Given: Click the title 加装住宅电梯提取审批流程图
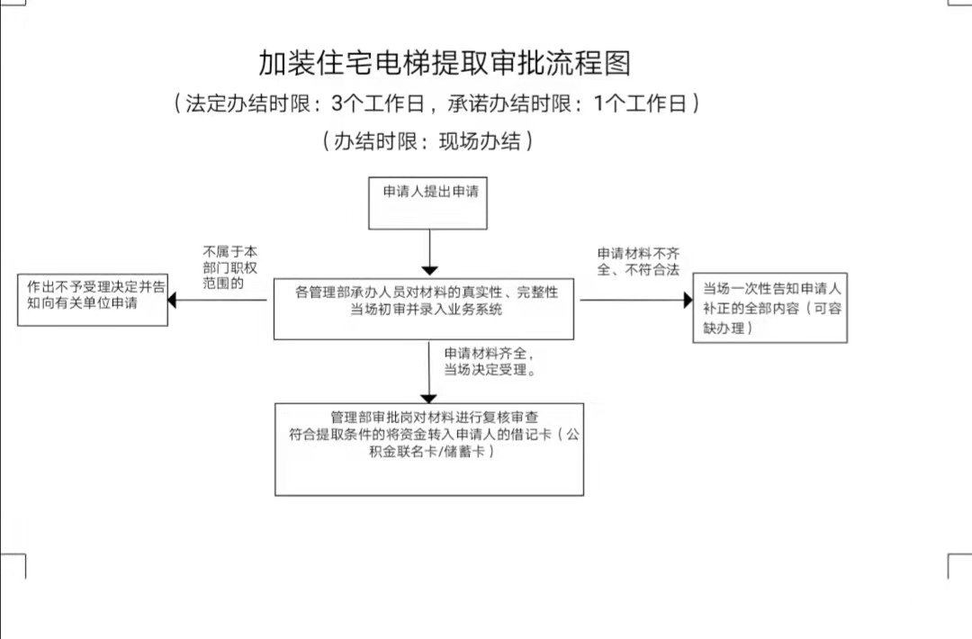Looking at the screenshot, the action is pyautogui.click(x=445, y=63).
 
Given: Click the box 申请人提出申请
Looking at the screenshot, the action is pyautogui.click(x=427, y=203).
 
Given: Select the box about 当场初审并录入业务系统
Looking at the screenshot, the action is pyautogui.click(x=423, y=309).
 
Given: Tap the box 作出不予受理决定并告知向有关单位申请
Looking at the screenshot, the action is pyautogui.click(x=93, y=300).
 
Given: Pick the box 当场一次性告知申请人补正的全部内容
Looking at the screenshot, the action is pyautogui.click(x=769, y=308).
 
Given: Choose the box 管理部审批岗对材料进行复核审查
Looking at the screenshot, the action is pyautogui.click(x=429, y=449).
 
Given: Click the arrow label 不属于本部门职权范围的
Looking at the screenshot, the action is pyautogui.click(x=229, y=267).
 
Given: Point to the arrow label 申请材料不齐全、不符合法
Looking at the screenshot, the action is pyautogui.click(x=638, y=261).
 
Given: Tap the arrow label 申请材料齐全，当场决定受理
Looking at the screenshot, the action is pyautogui.click(x=490, y=362).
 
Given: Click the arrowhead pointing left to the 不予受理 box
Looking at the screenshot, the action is pyautogui.click(x=172, y=300).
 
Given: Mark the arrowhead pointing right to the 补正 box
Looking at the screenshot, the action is pyautogui.click(x=688, y=300).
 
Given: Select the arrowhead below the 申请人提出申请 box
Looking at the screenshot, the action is pyautogui.click(x=429, y=271).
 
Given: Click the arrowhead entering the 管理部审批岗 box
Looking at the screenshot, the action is pyautogui.click(x=429, y=399).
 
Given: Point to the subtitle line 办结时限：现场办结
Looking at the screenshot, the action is pyautogui.click(x=427, y=141).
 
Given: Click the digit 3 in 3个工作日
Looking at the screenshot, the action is pyautogui.click(x=337, y=103).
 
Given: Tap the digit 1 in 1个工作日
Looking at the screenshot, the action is pyautogui.click(x=598, y=103).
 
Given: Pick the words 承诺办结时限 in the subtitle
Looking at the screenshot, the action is pyautogui.click(x=509, y=103).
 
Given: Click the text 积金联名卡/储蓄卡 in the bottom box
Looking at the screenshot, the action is pyautogui.click(x=427, y=451).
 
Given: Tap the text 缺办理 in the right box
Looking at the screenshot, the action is pyautogui.click(x=724, y=328).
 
